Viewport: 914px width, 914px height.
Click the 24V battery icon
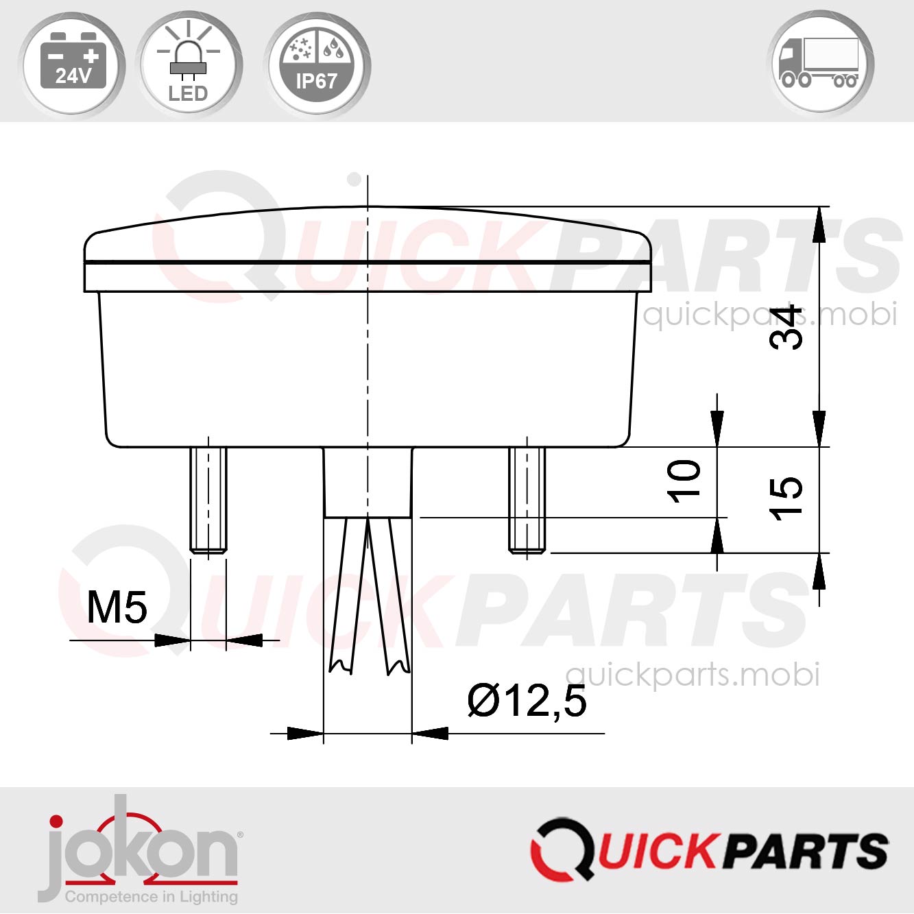click(72, 64)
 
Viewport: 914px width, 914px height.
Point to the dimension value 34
click(786, 327)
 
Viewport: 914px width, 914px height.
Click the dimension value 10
click(684, 481)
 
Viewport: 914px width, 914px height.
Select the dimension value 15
click(786, 498)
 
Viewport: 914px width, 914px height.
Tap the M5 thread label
click(117, 607)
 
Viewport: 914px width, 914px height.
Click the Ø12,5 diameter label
click(527, 701)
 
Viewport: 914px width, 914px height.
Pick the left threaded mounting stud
click(208, 499)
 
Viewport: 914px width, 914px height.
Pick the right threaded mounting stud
click(527, 499)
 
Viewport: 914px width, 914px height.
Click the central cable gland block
click(368, 482)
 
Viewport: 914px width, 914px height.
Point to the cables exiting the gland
click(369, 593)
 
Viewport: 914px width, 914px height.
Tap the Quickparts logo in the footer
click(709, 850)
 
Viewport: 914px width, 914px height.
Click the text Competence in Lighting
click(151, 896)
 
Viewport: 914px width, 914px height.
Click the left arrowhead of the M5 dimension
click(171, 640)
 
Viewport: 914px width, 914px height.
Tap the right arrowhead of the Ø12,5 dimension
click(431, 734)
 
